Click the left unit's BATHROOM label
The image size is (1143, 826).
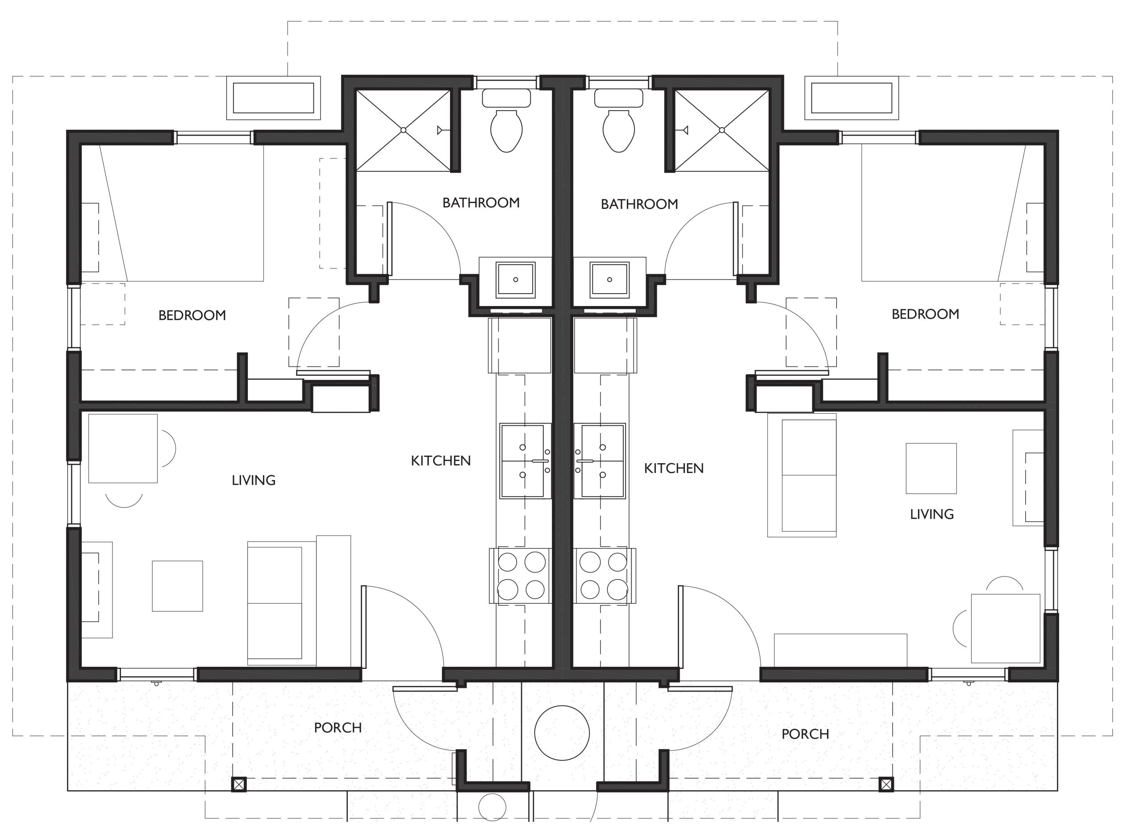click(x=481, y=203)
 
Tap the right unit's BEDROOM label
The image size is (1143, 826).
click(x=925, y=314)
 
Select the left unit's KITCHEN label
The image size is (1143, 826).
click(x=441, y=461)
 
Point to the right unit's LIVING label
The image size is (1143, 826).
click(x=932, y=514)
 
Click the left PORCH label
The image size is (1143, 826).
click(x=338, y=728)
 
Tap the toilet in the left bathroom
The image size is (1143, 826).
click(x=506, y=121)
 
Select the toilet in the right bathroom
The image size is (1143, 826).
click(x=618, y=121)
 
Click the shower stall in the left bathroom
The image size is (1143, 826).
click(x=403, y=130)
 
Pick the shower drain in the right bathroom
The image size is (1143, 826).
click(x=722, y=130)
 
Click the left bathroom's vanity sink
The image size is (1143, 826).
click(x=515, y=279)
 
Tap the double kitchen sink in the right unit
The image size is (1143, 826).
click(x=600, y=461)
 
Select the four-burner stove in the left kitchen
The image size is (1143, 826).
click(x=521, y=576)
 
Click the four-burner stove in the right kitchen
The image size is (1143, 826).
click(x=605, y=576)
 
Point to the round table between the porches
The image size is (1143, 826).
click(x=562, y=733)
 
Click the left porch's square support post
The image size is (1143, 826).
click(x=238, y=784)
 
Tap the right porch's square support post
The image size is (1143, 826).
click(x=886, y=784)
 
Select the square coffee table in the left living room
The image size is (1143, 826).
click(x=177, y=586)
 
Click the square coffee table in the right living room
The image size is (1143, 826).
click(x=931, y=469)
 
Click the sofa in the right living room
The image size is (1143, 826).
click(x=801, y=475)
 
